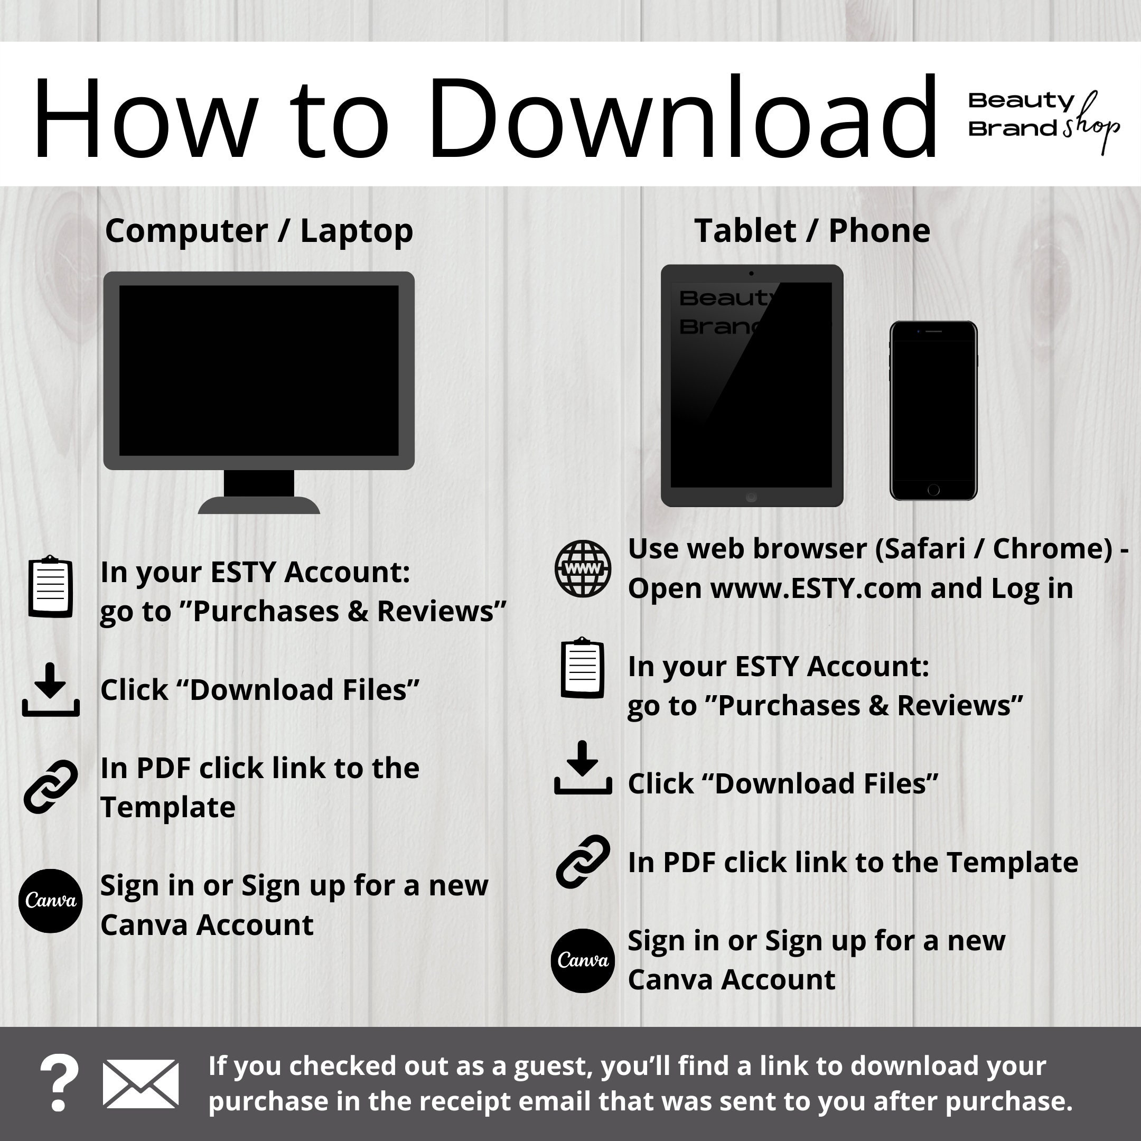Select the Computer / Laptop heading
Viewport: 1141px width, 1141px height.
[259, 231]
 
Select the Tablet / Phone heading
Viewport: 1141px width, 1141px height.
[812, 230]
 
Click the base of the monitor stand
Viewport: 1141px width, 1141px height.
[259, 505]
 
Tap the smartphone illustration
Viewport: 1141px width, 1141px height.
[933, 410]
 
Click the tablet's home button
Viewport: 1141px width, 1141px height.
[751, 497]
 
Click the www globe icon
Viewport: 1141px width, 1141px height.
[583, 568]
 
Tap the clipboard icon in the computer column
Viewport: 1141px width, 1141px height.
[51, 586]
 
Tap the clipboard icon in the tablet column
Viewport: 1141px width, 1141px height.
[582, 668]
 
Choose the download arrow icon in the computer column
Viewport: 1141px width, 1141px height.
[51, 690]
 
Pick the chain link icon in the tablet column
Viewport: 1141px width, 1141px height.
[583, 862]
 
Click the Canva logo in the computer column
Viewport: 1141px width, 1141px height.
[50, 901]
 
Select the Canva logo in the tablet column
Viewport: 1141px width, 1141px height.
[583, 961]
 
